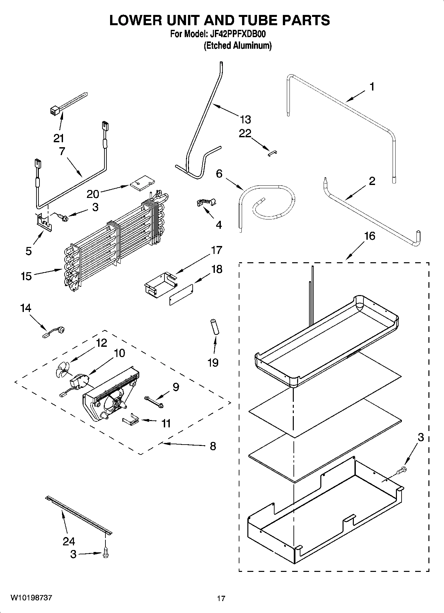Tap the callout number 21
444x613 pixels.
pyautogui.click(x=59, y=138)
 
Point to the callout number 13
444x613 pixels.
pyautogui.click(x=245, y=119)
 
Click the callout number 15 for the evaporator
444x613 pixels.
pyautogui.click(x=26, y=276)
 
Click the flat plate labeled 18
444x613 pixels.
pyautogui.click(x=181, y=294)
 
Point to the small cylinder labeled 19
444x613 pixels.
pyautogui.click(x=214, y=327)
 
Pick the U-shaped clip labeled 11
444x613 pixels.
pyautogui.click(x=131, y=420)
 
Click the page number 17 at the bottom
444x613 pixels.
pyautogui.click(x=221, y=598)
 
